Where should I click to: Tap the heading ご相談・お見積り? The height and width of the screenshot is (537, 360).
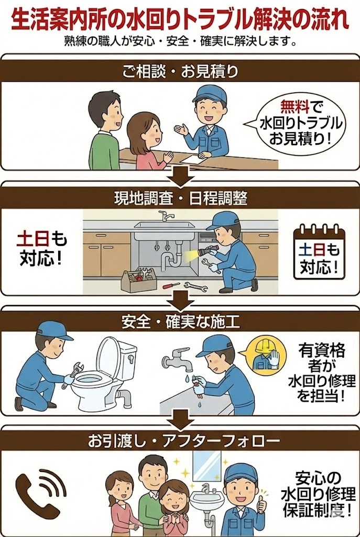(x=180, y=71)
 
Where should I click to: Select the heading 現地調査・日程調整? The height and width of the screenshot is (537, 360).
(x=180, y=199)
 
